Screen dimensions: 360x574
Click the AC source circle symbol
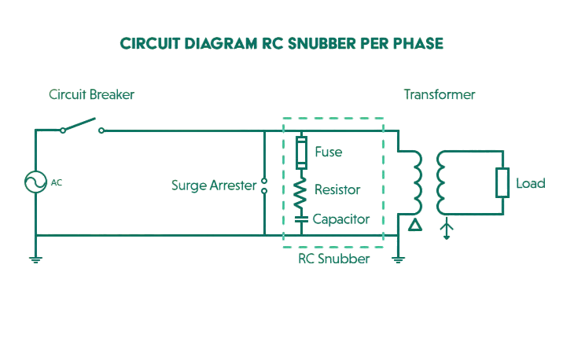click(35, 183)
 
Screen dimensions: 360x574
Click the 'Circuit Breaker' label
click(91, 95)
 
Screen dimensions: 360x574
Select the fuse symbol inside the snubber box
click(300, 152)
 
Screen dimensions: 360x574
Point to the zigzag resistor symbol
click(300, 192)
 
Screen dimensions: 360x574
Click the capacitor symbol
click(300, 219)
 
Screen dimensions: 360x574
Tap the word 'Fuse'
click(328, 152)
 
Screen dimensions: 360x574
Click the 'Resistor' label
click(337, 190)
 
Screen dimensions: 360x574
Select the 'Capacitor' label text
click(341, 219)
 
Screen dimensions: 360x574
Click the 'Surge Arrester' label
click(214, 186)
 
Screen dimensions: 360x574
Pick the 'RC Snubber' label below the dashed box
click(333, 258)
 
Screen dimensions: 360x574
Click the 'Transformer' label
click(440, 95)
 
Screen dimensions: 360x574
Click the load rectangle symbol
click(502, 183)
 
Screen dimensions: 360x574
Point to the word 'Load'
click(530, 184)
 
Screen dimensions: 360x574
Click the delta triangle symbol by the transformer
click(415, 227)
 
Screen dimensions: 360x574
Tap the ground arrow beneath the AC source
click(35, 256)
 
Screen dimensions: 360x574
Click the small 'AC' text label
click(56, 183)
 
